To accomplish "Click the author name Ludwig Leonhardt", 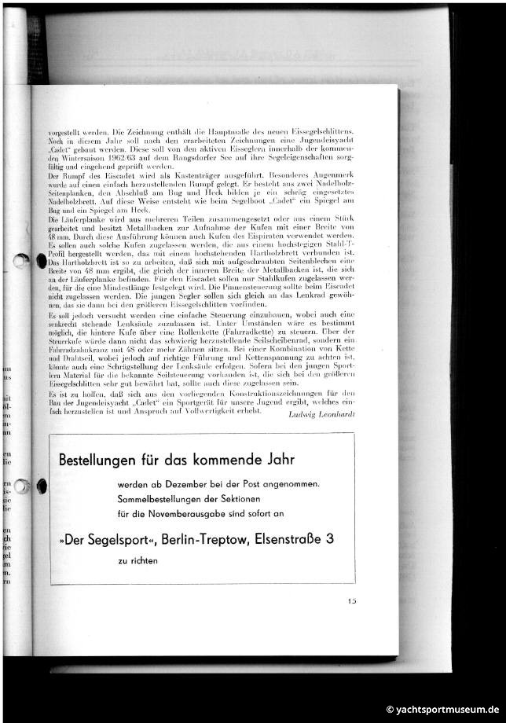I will (321, 414).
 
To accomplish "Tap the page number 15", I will (353, 602).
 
